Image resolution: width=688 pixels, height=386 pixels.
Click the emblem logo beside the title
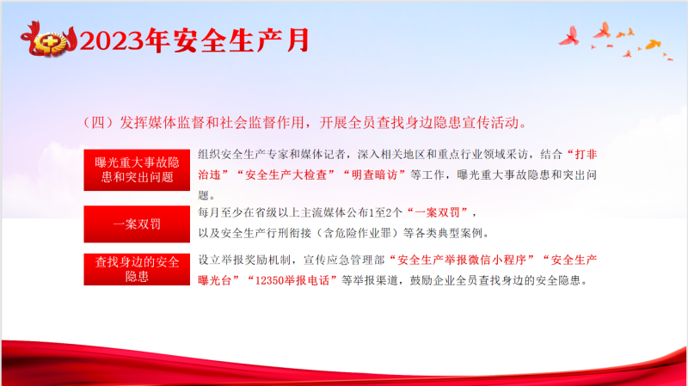tap(49, 40)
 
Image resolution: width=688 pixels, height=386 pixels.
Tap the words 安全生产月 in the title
tap(242, 40)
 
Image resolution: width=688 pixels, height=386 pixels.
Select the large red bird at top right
tap(570, 37)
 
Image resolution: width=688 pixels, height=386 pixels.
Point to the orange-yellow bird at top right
tap(653, 44)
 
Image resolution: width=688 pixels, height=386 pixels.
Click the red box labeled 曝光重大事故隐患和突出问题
tap(137, 169)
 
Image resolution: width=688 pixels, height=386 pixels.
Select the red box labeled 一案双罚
tap(137, 224)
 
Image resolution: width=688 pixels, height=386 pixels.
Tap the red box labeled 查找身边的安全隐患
tap(137, 269)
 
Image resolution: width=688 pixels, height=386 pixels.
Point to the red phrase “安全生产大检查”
tap(286, 175)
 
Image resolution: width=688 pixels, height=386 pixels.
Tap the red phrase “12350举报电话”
tap(292, 280)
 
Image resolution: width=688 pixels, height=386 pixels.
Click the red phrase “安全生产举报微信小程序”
tap(462, 260)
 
